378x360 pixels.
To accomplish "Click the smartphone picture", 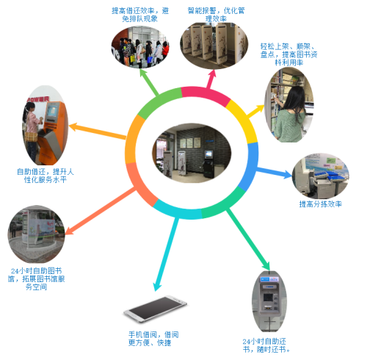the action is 155,309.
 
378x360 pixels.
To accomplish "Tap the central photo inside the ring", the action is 192,153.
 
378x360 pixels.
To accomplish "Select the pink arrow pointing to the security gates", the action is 211,79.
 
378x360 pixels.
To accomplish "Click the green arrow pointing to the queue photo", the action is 149,82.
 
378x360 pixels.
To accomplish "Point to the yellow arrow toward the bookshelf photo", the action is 255,110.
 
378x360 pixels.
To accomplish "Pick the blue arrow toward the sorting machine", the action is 274,172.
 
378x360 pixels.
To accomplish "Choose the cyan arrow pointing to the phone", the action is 166,254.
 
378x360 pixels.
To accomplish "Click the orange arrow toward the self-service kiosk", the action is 98,132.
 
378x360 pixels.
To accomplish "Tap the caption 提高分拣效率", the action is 321,204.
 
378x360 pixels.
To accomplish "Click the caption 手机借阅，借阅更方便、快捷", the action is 153,339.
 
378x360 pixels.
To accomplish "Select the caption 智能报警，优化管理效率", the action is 216,15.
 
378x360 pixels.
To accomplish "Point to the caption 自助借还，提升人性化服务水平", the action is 46,176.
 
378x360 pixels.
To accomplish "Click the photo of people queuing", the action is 140,47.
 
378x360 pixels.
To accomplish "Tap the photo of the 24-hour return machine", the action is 269,301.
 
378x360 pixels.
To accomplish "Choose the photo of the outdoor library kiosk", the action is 36,234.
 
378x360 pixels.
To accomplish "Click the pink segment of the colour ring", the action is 205,95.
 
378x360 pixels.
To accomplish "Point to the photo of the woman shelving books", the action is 289,105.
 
